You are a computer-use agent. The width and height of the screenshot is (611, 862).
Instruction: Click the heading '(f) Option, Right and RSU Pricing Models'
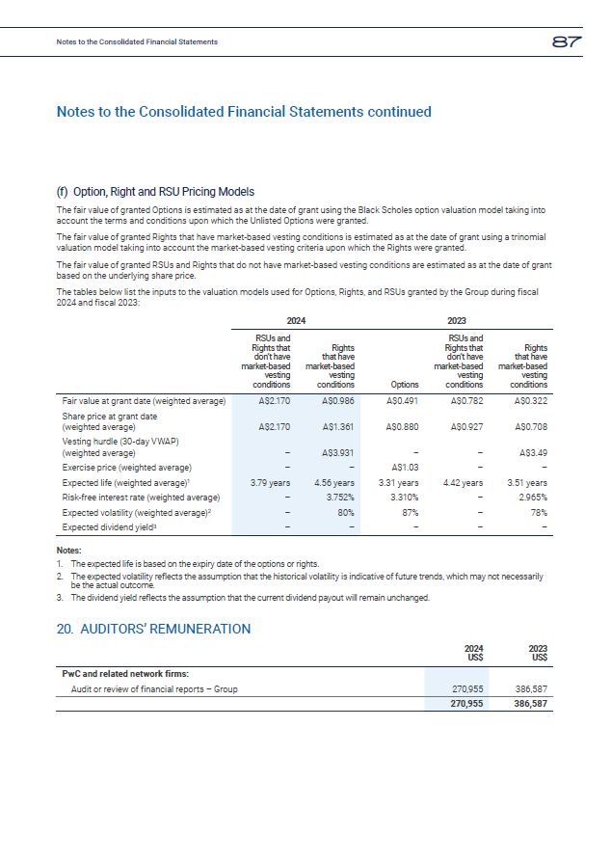(x=155, y=191)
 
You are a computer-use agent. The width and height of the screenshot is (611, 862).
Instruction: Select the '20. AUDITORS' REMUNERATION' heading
(x=153, y=629)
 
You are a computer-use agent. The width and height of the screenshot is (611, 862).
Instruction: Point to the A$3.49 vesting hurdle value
(x=533, y=452)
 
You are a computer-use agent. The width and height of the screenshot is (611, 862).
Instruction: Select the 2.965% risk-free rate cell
(x=531, y=498)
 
